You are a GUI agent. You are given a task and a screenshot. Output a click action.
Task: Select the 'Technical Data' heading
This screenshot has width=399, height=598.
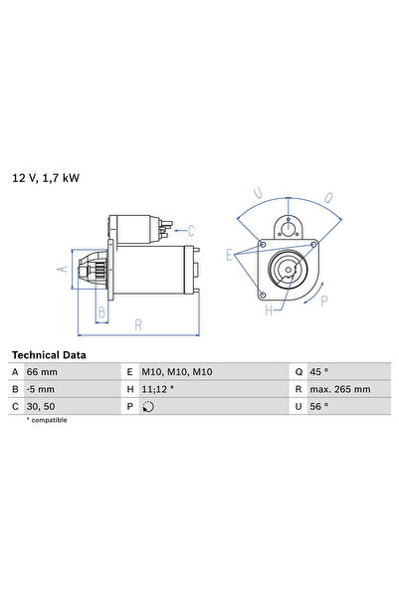(x=49, y=354)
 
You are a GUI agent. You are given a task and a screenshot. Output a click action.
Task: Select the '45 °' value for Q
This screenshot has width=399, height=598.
(x=319, y=371)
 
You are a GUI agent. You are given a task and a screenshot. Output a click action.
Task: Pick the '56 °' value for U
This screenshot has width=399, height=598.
(x=319, y=406)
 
